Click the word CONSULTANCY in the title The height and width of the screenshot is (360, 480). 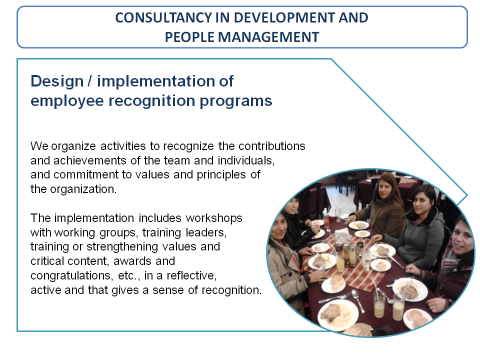163,18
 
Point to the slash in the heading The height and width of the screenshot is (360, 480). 89,81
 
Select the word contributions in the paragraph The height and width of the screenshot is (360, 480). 272,146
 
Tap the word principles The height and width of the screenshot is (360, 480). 221,175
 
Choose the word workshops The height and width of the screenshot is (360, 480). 214,218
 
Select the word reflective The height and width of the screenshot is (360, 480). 191,275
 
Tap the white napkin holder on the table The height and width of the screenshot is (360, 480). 342,236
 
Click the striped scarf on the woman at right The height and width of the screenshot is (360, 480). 451,262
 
